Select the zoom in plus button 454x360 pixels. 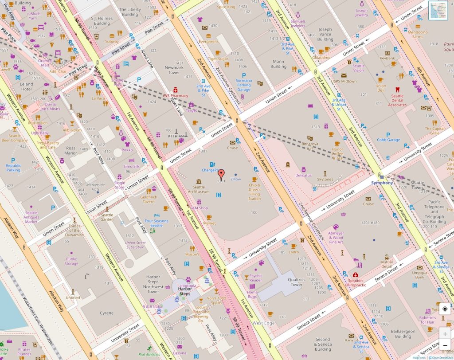click(x=445, y=334)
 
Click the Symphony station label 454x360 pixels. click(x=382, y=183)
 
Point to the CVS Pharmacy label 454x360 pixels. click(x=176, y=95)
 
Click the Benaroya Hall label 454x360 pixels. click(x=310, y=146)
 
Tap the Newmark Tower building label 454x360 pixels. click(x=174, y=70)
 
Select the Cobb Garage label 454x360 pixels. click(x=388, y=140)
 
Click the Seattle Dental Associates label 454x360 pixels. click(x=397, y=100)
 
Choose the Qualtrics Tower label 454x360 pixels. click(x=296, y=282)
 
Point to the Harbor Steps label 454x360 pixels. click(x=184, y=291)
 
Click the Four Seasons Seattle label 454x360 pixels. click(x=157, y=223)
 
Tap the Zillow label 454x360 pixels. click(x=235, y=179)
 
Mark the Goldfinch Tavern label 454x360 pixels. click(x=149, y=199)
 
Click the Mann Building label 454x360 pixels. click(x=278, y=64)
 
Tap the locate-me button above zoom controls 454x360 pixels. click(x=445, y=309)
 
